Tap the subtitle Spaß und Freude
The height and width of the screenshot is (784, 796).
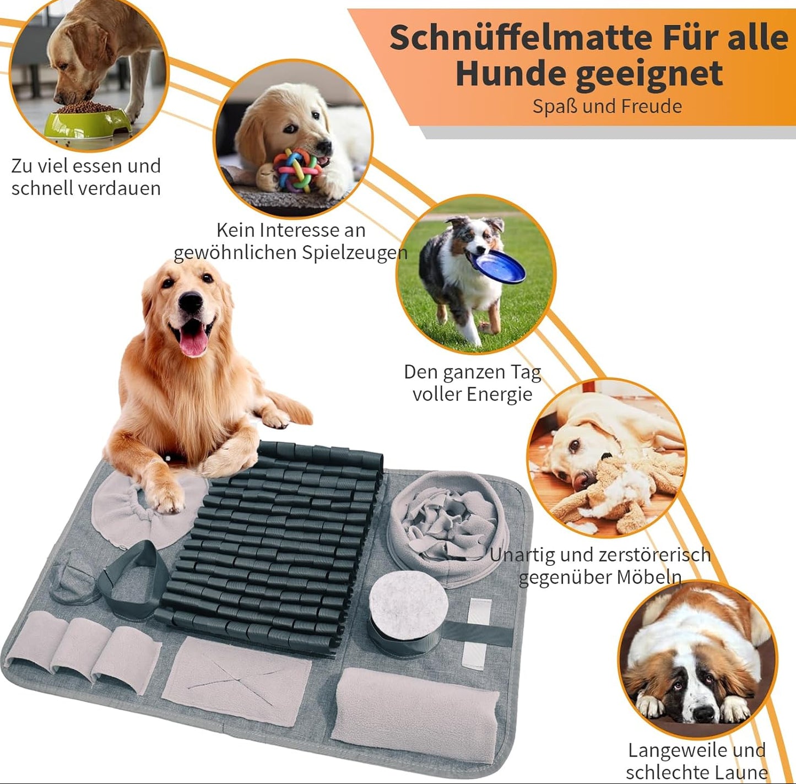[607, 106]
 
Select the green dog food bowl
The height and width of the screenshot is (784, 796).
[88, 123]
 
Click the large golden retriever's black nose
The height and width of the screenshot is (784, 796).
[191, 301]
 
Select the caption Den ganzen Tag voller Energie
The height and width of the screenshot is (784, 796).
[473, 383]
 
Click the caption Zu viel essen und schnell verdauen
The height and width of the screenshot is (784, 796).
[86, 177]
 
